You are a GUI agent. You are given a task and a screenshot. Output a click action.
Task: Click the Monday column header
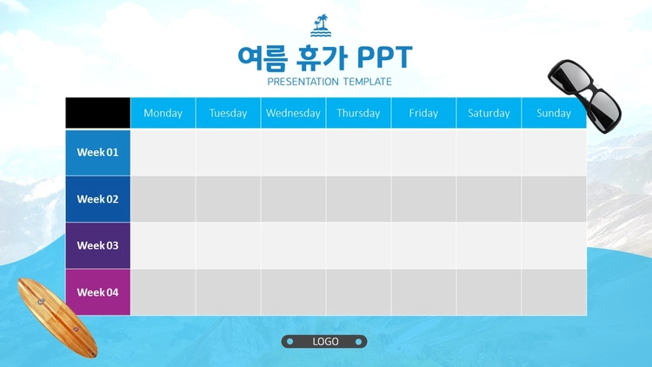coord(163,113)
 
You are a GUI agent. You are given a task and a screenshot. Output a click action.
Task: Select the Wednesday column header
coord(293,113)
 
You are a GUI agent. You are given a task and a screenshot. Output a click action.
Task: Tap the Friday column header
coord(423,113)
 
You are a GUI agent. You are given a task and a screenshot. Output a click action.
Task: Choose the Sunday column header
coord(554,113)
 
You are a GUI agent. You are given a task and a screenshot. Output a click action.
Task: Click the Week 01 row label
coord(97,152)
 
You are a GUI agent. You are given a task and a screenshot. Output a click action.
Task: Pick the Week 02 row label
coord(97,199)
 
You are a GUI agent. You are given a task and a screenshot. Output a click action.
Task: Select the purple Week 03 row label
coord(97,245)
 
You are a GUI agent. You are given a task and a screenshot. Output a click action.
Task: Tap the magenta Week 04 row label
coord(97,292)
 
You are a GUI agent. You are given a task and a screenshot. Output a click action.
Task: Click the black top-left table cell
coord(97,113)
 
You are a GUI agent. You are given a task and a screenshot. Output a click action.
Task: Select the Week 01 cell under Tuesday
coord(229,152)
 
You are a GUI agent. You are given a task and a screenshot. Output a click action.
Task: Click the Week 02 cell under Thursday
coord(358,199)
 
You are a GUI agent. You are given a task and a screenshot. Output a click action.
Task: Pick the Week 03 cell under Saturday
coord(489,245)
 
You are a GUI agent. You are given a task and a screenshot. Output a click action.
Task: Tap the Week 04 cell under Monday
coord(163,292)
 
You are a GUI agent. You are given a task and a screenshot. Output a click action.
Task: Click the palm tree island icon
coord(321,26)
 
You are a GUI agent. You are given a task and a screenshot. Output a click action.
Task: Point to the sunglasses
coord(584,96)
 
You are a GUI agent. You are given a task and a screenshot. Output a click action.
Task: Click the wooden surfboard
coord(57,317)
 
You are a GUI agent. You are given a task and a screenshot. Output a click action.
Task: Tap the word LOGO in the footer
coord(325,342)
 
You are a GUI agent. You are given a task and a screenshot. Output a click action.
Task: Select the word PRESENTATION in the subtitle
coord(303,82)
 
